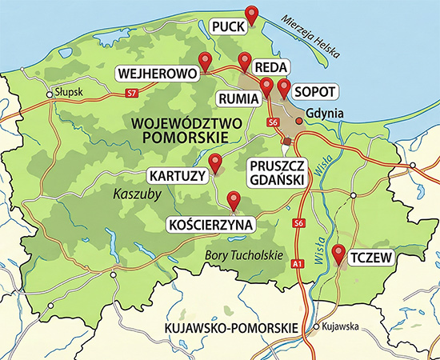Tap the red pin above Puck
252,14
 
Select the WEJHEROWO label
158,74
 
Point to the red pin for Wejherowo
205,60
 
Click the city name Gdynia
325,114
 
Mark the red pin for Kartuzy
215,163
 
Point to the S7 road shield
130,94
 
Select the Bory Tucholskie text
246,255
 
